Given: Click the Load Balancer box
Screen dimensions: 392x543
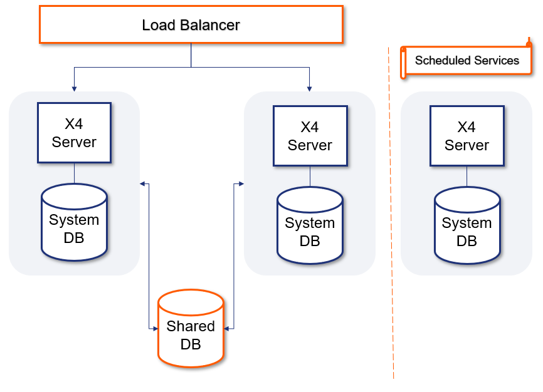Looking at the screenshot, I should pos(191,24).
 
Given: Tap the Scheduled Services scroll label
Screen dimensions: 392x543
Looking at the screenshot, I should pos(467,61).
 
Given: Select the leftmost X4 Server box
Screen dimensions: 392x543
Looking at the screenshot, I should pos(74,133).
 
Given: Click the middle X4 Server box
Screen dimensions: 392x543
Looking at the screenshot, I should pos(310,136).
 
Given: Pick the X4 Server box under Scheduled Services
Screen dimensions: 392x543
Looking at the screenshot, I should pos(467,136).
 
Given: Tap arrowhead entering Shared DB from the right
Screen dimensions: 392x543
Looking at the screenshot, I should pos(227,328).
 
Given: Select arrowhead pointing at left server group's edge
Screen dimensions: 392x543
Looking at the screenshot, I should pos(142,184).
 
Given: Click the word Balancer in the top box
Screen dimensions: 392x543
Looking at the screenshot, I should pos(210,25).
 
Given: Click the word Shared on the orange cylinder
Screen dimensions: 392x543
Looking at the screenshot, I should pos(191,326).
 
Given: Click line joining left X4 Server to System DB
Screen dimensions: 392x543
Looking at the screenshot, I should pos(74,173).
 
